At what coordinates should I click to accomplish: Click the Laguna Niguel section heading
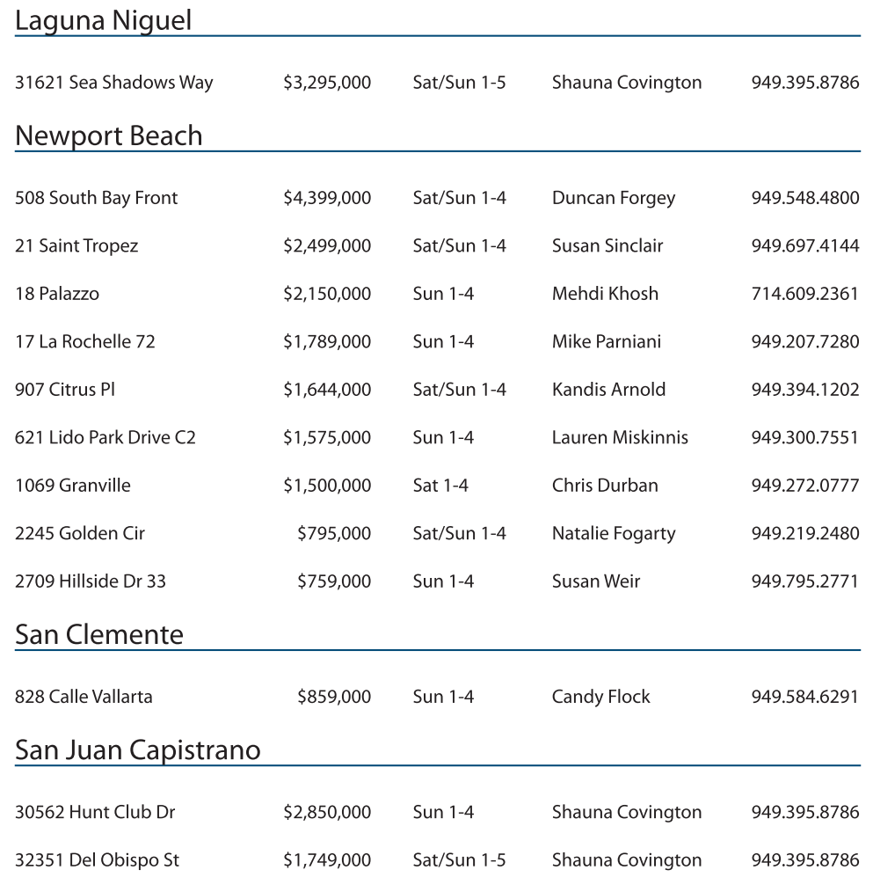pos(103,21)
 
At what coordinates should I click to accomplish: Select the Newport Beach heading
pos(108,136)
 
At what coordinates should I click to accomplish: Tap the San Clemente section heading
pos(98,635)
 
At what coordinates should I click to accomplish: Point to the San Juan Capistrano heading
pos(137,750)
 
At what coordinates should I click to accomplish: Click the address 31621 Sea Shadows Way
pos(113,83)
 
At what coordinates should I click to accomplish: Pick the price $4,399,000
pos(326,198)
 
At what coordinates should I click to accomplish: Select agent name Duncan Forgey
pos(613,198)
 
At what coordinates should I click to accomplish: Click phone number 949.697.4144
pos(804,245)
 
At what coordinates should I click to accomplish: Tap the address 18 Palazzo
pos(56,294)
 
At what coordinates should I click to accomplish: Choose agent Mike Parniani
pos(606,341)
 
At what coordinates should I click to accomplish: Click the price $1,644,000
pos(326,390)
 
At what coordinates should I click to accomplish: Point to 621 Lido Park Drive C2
pos(105,437)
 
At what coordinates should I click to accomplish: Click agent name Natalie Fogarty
pos(613,533)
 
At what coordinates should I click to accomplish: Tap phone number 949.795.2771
pos(804,581)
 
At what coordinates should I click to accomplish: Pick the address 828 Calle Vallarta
pos(84,697)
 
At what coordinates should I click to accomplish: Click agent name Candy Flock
pos(600,697)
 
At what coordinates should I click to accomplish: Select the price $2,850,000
pos(326,812)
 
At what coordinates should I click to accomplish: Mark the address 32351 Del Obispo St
pos(97,860)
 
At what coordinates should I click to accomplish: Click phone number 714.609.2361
pos(804,294)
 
